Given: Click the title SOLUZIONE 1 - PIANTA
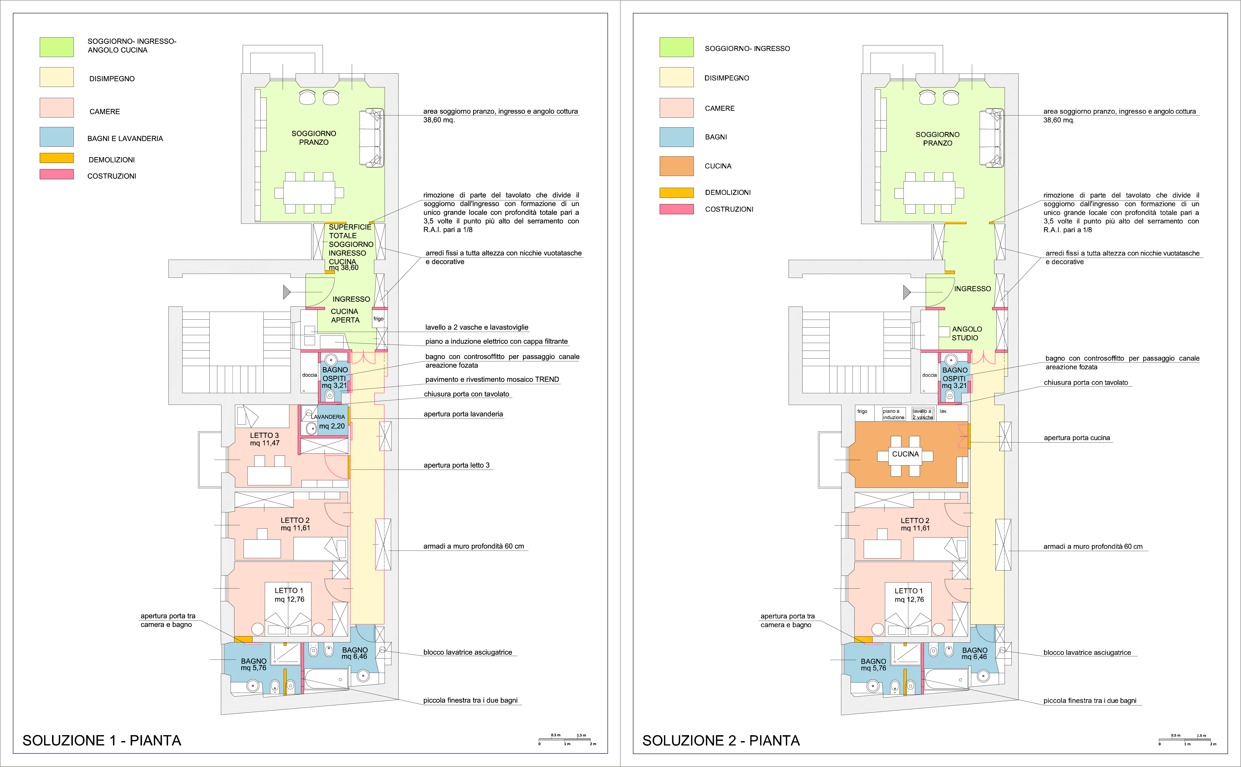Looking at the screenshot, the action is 102,741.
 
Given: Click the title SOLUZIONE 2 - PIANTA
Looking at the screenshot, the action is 721,741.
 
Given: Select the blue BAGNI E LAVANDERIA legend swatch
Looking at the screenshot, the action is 56,137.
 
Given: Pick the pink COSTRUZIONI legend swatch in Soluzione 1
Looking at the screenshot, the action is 56,174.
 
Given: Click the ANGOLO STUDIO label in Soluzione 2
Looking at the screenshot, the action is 966,333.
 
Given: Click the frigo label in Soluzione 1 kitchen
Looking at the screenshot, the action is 378,319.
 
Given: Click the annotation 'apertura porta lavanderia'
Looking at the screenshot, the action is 463,414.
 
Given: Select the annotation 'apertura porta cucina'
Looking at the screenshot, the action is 1077,438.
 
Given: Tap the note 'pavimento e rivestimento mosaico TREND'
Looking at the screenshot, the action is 492,379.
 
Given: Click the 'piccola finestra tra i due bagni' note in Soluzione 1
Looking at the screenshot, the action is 470,701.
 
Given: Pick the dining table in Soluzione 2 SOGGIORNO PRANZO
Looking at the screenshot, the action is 929,193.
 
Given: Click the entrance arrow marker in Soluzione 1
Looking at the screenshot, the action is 287,292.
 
